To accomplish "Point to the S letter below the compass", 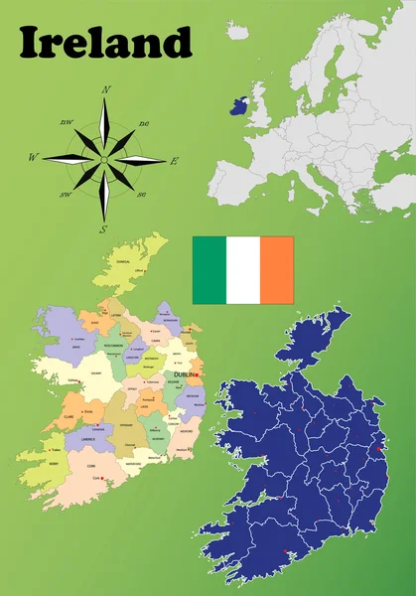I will (x=102, y=229).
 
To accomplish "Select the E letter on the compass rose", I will (x=175, y=161).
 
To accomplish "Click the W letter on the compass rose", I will (x=33, y=158).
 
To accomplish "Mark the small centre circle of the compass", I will (x=103, y=159).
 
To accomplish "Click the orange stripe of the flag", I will (x=277, y=270).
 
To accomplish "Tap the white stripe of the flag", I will (x=243, y=270).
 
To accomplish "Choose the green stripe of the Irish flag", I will (x=209, y=270).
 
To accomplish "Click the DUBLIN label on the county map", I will (x=186, y=374).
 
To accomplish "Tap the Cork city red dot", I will (x=103, y=481).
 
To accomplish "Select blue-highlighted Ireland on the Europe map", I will (x=237, y=104).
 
